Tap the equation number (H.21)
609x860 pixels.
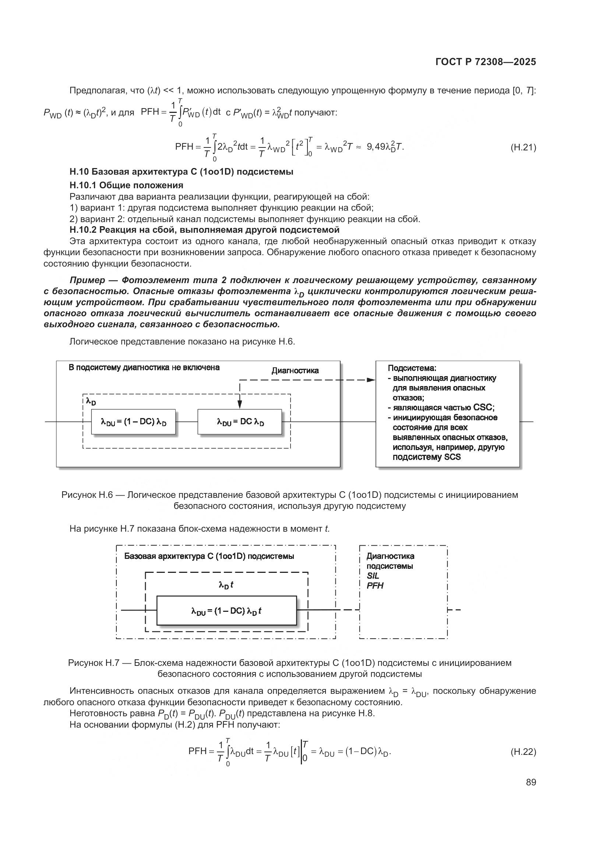(x=523, y=147)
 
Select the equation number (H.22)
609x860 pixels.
(x=523, y=752)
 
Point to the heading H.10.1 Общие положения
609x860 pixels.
(x=126, y=185)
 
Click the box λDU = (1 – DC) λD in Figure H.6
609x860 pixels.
(x=133, y=422)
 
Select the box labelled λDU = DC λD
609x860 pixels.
(x=240, y=422)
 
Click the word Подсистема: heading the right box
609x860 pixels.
(x=412, y=368)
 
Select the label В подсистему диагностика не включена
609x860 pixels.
(x=144, y=367)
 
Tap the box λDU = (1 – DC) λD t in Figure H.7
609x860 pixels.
(x=226, y=611)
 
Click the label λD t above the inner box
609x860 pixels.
(x=226, y=585)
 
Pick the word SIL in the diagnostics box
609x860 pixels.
(x=373, y=576)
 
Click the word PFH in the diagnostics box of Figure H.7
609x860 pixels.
(x=374, y=585)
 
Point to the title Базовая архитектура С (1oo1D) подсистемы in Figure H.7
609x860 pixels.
(x=209, y=556)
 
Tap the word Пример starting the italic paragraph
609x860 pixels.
(x=87, y=280)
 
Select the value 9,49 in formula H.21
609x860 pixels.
(x=376, y=147)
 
